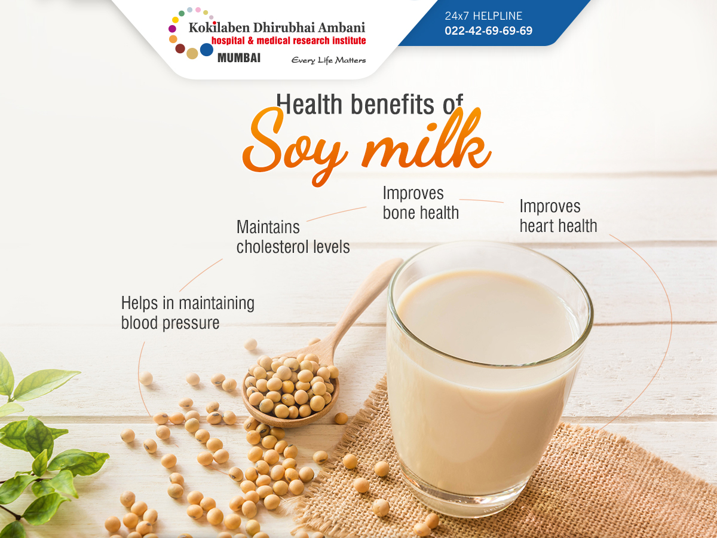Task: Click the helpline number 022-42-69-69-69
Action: tap(488, 30)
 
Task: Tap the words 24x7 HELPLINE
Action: tap(483, 16)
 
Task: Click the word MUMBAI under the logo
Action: tap(239, 58)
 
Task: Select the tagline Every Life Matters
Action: tap(328, 60)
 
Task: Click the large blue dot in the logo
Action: tap(207, 50)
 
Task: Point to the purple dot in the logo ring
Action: tap(172, 29)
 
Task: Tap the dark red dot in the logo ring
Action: tap(180, 48)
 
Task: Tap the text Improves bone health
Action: tap(421, 203)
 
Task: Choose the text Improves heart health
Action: tap(558, 216)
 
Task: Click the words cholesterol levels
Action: tap(293, 247)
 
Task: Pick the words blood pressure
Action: tap(170, 323)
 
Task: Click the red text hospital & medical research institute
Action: tap(289, 41)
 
